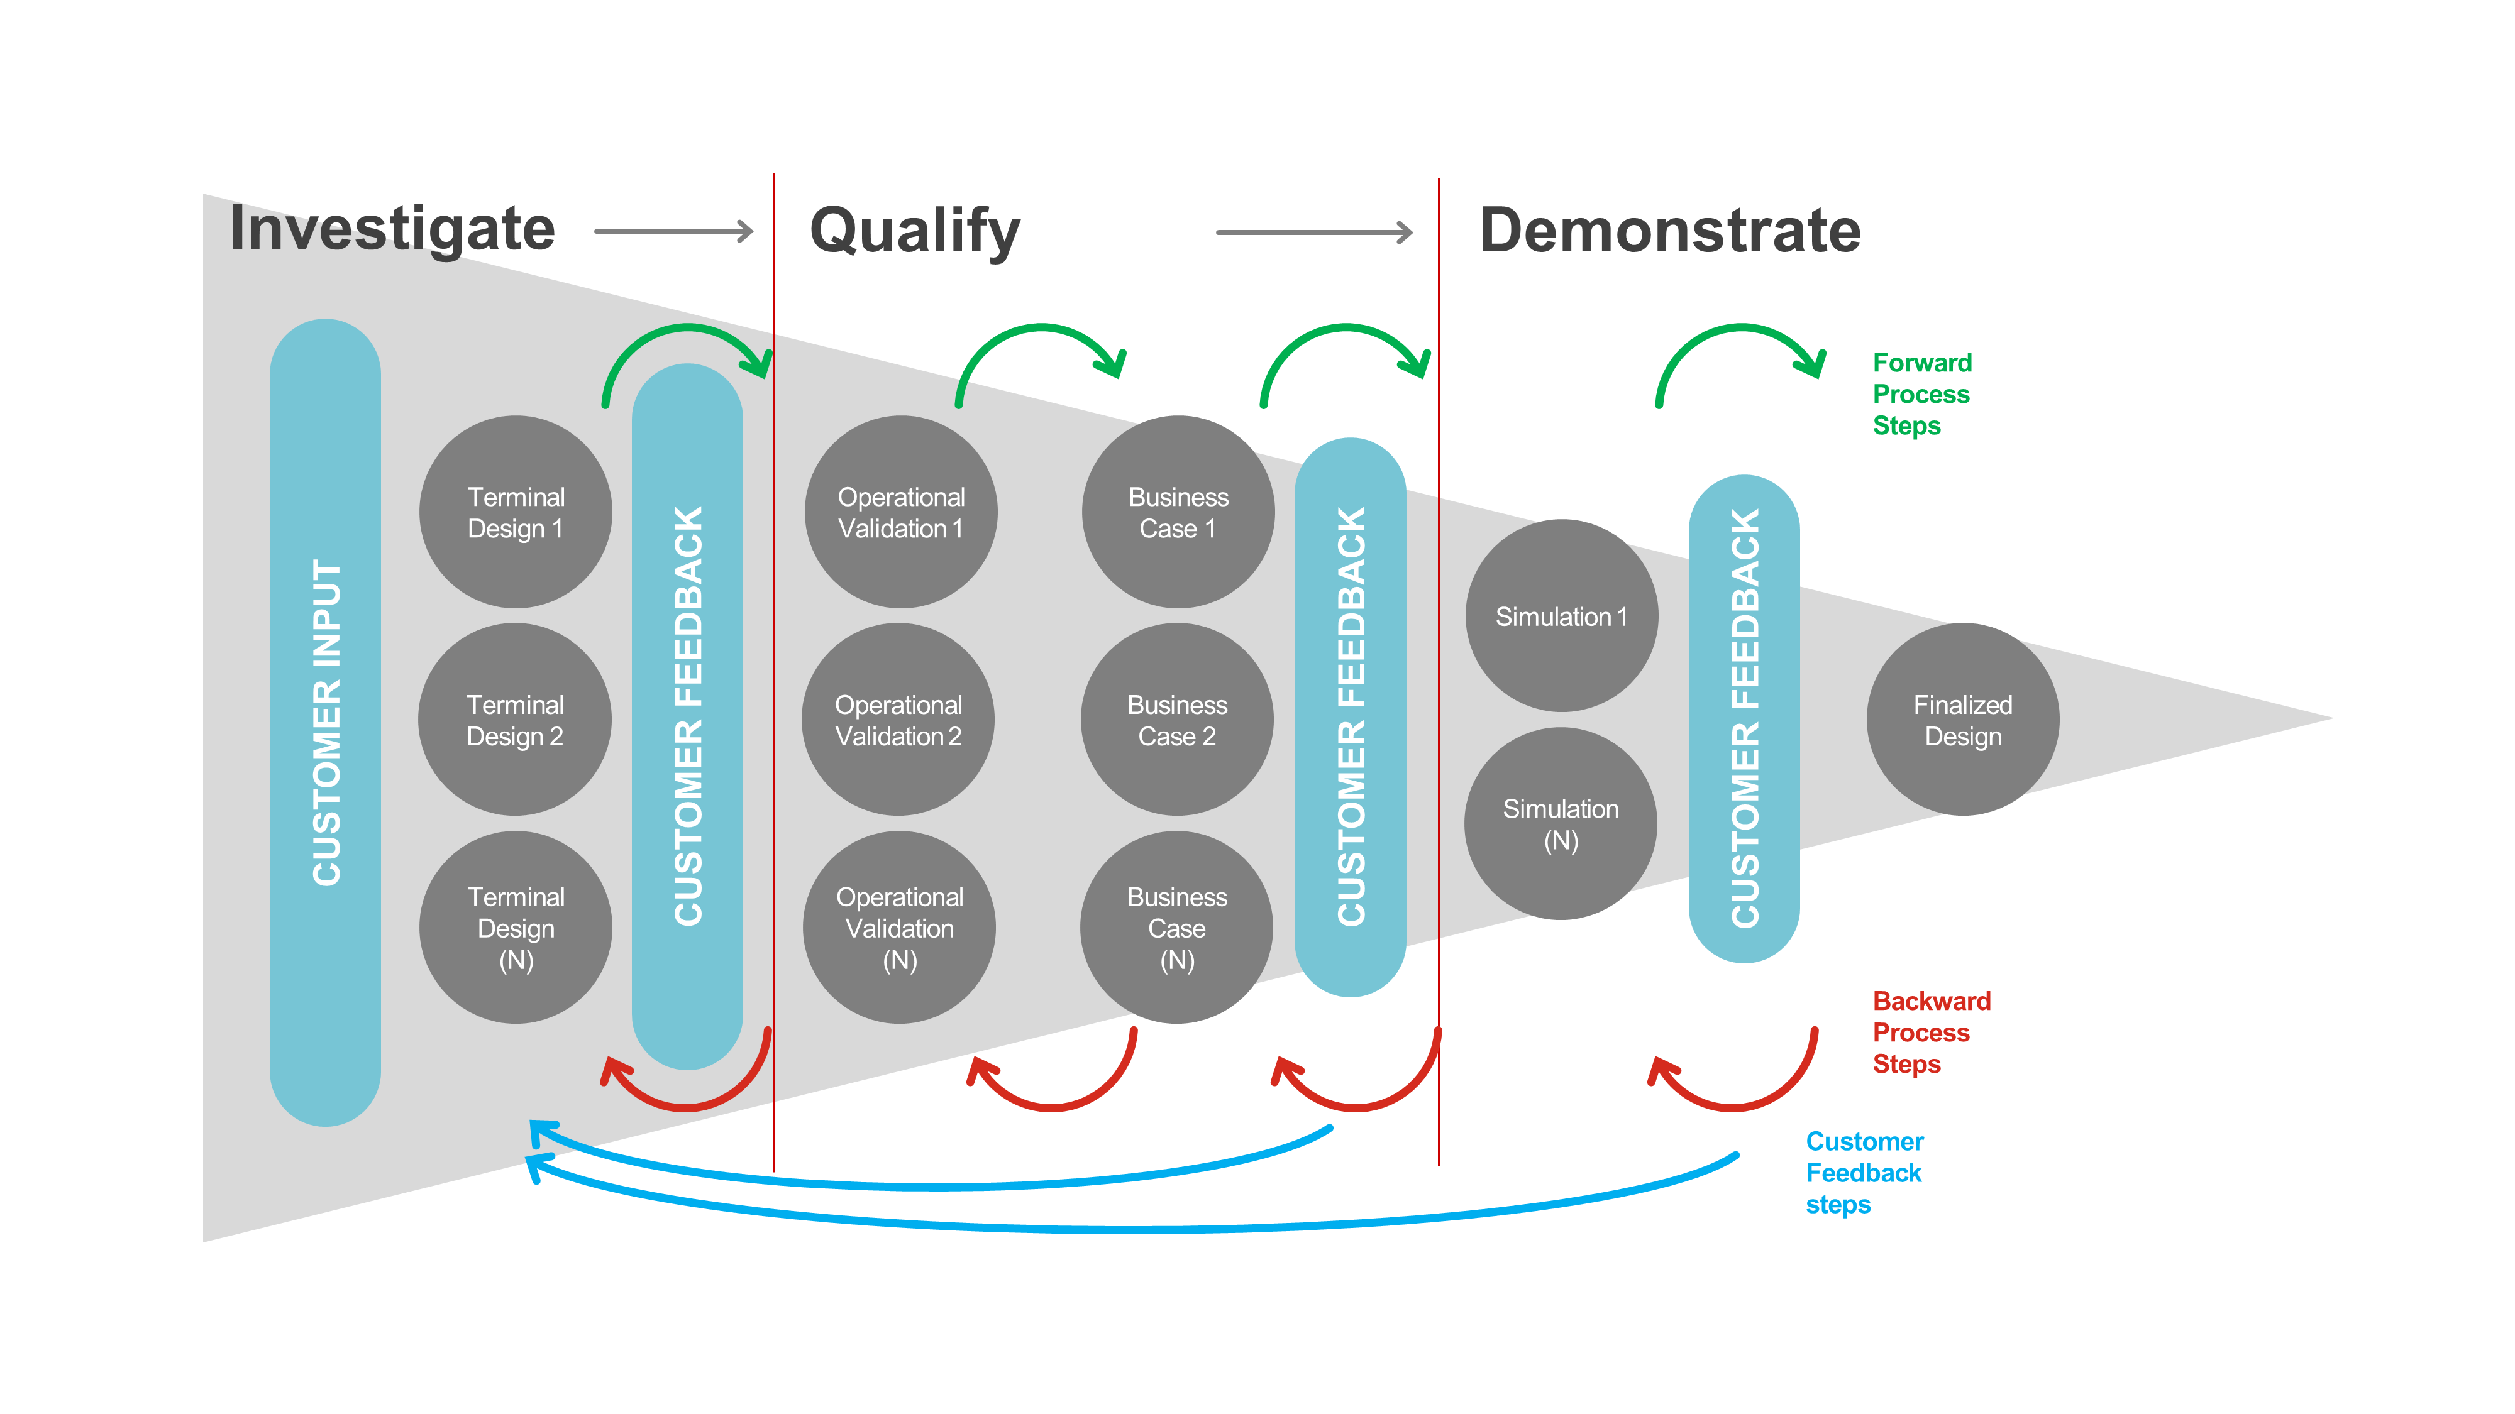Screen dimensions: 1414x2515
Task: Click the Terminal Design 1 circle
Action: (516, 512)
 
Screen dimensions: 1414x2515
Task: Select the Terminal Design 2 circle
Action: (514, 720)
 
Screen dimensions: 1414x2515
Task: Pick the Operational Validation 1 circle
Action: (900, 512)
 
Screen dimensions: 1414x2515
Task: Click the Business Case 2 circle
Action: (1176, 720)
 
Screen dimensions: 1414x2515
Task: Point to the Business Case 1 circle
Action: (1178, 512)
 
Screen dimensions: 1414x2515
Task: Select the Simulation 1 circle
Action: (1561, 616)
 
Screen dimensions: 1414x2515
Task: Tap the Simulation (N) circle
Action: (1560, 824)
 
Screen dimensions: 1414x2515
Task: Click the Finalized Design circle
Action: (1962, 720)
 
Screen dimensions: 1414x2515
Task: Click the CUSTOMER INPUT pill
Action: (325, 722)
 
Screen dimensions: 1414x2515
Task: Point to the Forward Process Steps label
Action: (1920, 394)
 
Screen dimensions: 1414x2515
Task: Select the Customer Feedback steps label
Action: (1863, 1172)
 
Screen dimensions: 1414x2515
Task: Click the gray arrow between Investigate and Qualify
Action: (673, 231)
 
